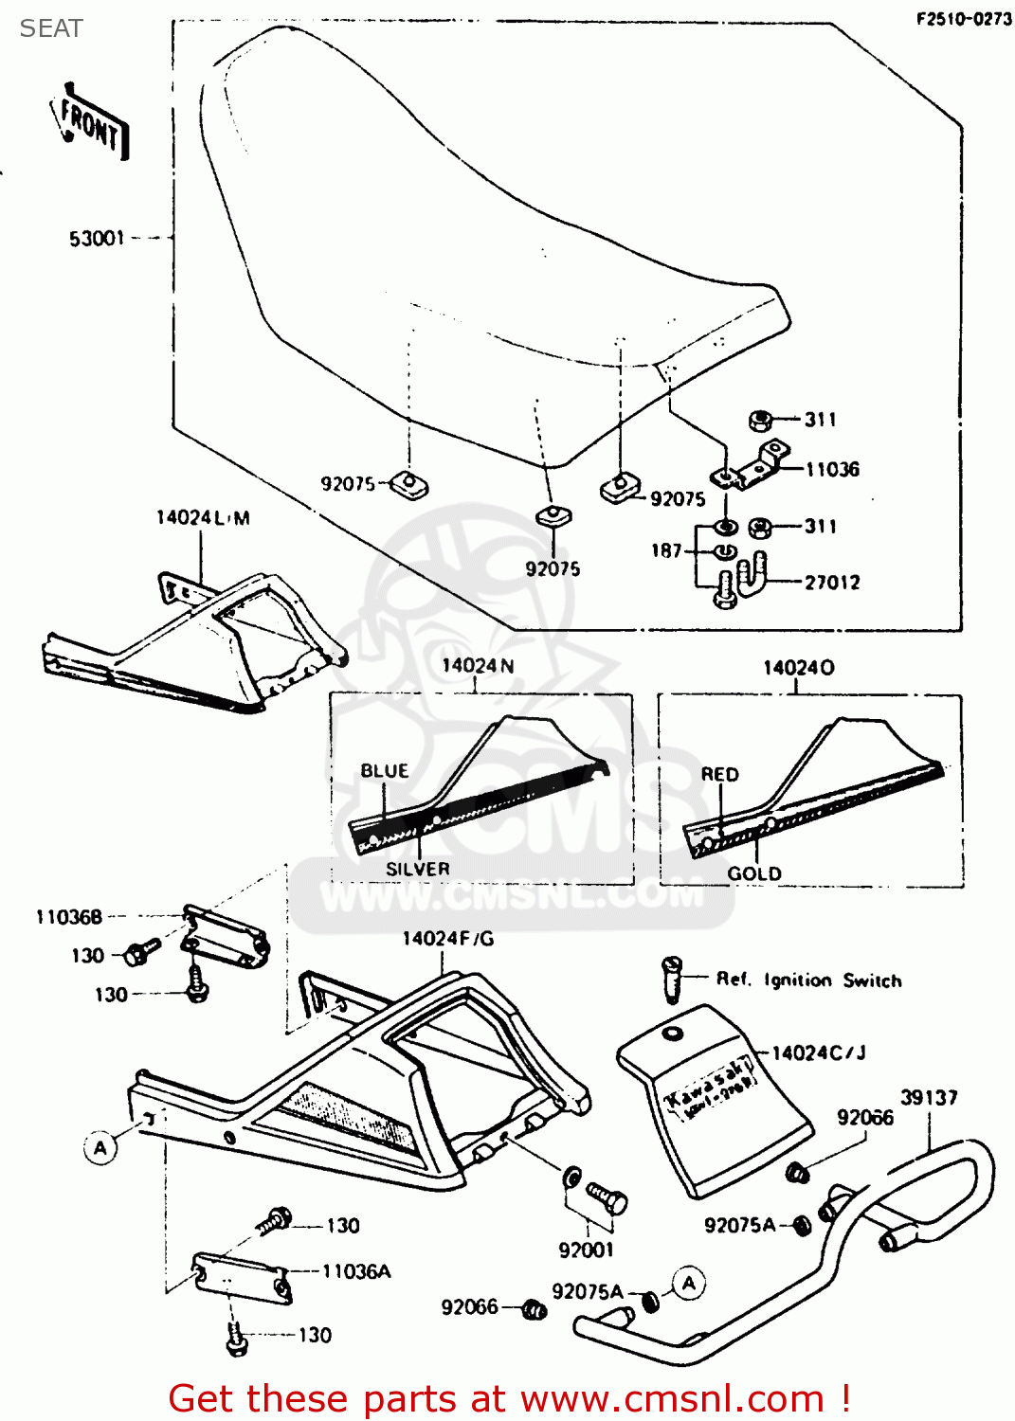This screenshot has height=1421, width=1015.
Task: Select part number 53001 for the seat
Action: coord(97,239)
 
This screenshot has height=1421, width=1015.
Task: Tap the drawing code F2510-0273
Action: coord(963,19)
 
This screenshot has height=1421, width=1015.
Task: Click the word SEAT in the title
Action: coord(51,28)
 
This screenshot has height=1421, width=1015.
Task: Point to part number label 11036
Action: coord(832,470)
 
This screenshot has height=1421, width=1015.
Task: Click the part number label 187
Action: coord(666,550)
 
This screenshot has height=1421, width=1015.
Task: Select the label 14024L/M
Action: coord(203,518)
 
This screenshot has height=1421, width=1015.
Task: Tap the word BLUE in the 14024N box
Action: coord(385,771)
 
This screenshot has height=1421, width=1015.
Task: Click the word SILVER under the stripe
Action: coord(417,869)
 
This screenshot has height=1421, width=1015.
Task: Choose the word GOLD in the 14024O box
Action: coord(754,873)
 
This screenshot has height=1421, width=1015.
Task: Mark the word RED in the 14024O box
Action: coord(719,774)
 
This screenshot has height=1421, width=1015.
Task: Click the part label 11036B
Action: coord(68,917)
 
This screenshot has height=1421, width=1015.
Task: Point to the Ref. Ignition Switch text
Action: coord(808,980)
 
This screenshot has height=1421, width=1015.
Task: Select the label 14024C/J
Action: coord(819,1053)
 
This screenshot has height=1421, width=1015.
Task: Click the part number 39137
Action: coord(929,1098)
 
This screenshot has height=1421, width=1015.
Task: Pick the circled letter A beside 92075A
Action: coord(689,1284)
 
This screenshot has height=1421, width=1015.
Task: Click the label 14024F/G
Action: coord(448,939)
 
